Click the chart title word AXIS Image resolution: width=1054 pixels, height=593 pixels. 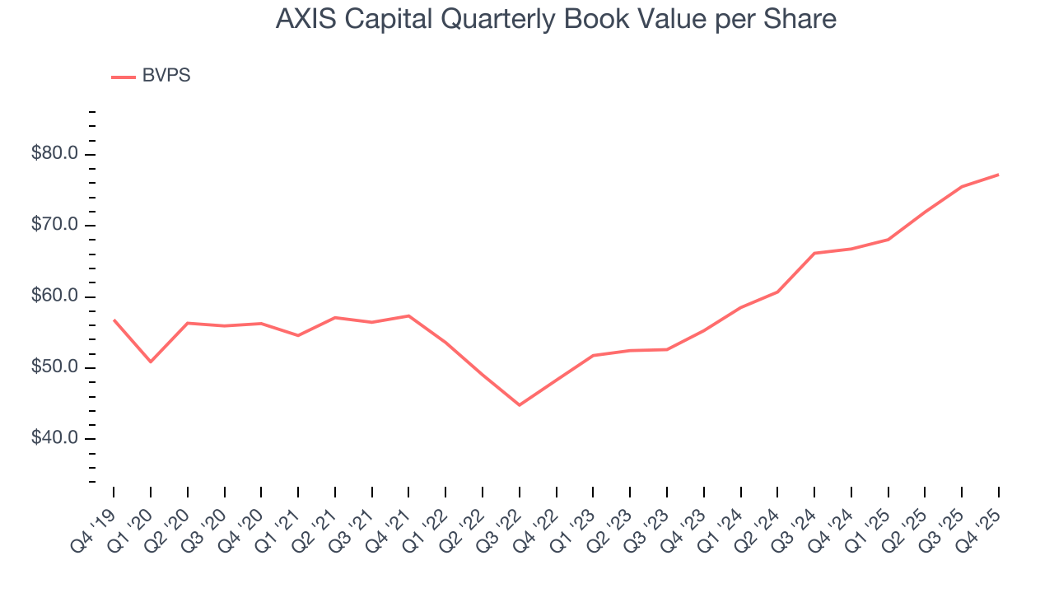tap(302, 20)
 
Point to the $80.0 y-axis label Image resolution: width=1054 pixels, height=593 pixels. tap(54, 154)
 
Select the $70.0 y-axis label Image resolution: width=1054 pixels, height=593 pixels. tap(54, 225)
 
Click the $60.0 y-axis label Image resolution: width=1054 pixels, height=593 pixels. tap(54, 296)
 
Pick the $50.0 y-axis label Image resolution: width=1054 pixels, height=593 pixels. tap(54, 367)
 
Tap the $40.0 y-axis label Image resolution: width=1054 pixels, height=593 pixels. tap(54, 438)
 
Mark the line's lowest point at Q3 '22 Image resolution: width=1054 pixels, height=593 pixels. tap(520, 405)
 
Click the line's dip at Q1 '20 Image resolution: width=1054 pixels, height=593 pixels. tap(151, 362)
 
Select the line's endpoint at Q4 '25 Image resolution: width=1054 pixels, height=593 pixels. tap(999, 175)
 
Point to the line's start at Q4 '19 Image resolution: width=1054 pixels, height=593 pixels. tap(114, 320)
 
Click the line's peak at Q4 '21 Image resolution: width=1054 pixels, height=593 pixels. tap(408, 315)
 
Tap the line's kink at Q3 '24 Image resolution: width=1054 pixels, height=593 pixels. tap(814, 253)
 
